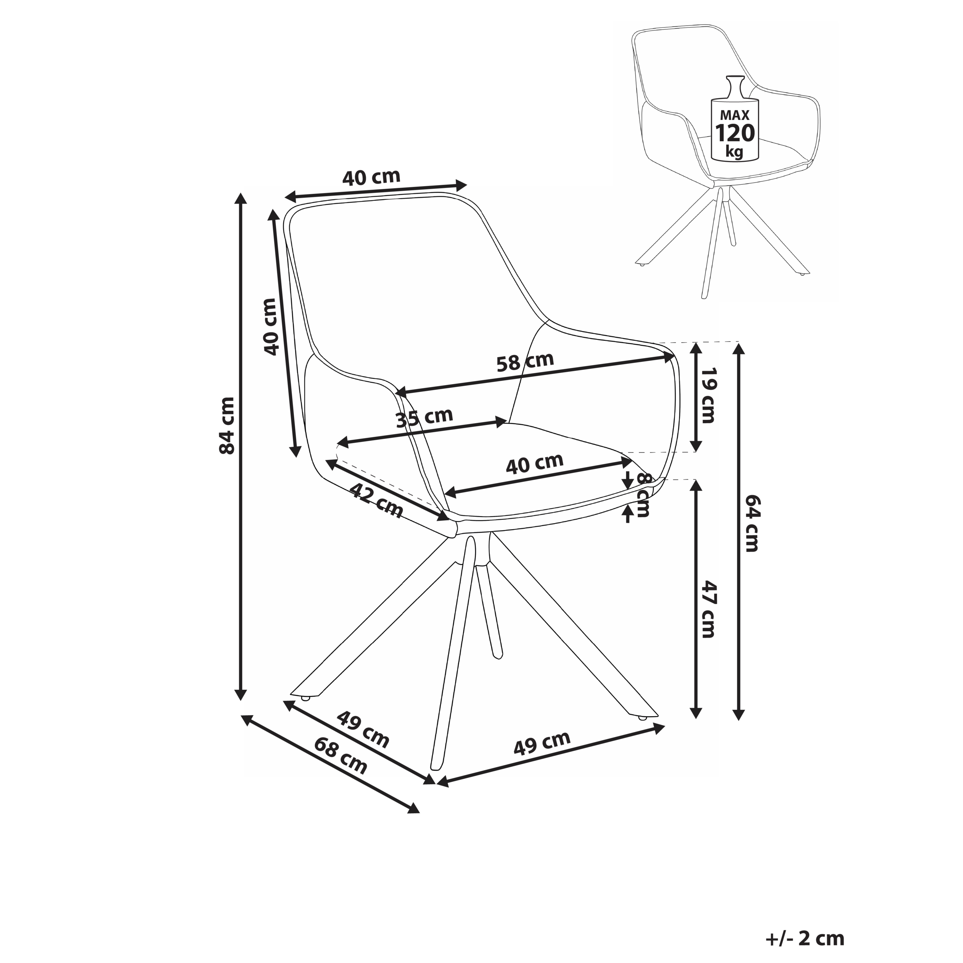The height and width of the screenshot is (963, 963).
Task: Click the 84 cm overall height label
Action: (227, 425)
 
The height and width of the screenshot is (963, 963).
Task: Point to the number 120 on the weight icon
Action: (735, 133)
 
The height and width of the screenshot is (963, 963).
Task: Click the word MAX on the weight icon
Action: (735, 115)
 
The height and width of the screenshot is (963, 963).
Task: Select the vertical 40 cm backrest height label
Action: (270, 327)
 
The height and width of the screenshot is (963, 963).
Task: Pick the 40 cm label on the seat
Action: (534, 463)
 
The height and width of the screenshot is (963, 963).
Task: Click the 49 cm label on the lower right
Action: (542, 743)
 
